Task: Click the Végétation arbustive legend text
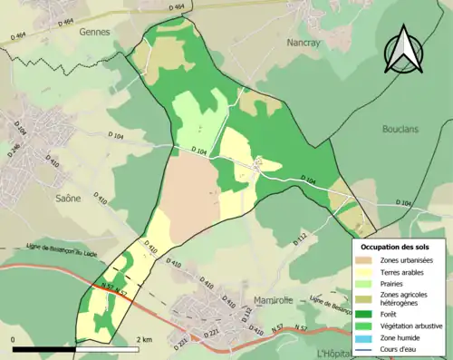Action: point(411,325)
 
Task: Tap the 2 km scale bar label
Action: point(144,339)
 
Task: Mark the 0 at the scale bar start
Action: point(14,339)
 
